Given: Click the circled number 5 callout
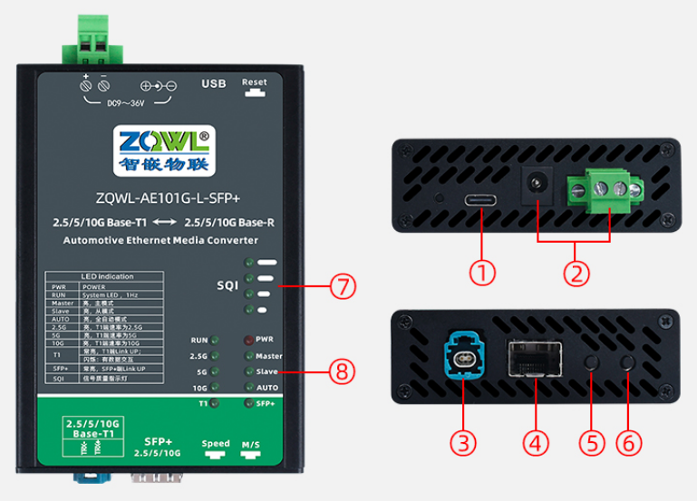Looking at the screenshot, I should [x=590, y=443].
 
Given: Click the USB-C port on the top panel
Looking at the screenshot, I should [x=480, y=200].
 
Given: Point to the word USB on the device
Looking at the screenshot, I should [x=214, y=84].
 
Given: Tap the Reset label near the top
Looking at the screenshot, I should [x=255, y=82].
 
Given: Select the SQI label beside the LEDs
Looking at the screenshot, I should [x=227, y=286].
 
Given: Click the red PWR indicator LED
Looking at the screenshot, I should [x=247, y=340].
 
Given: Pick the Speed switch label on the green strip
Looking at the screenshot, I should [x=216, y=444].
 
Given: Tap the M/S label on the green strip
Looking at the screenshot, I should [x=250, y=444].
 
